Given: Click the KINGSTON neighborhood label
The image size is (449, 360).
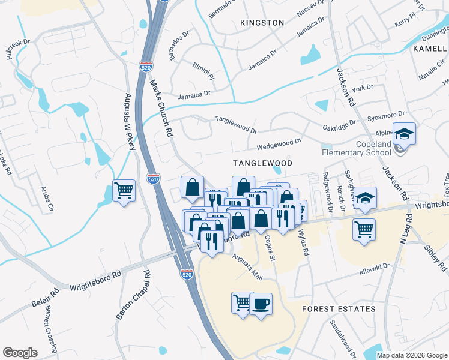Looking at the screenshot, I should (x=262, y=23).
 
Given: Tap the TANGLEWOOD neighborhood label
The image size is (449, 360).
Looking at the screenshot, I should (x=262, y=163).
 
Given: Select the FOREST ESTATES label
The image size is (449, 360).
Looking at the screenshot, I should (x=339, y=309).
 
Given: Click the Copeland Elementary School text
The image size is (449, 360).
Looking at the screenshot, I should (x=357, y=148).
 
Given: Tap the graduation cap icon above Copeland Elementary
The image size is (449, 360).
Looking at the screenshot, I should (x=404, y=134).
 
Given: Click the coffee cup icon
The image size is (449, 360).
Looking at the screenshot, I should (x=261, y=304).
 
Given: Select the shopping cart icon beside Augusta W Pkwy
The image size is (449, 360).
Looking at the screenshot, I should (x=124, y=191).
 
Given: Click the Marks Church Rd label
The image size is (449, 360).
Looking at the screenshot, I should (x=161, y=107).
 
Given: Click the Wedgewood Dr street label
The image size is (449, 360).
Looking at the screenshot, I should (x=279, y=144).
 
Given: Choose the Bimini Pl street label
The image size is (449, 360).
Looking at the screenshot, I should (x=203, y=72).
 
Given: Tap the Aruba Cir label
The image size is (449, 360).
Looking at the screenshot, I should (x=46, y=200).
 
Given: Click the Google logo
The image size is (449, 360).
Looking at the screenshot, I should (x=20, y=352).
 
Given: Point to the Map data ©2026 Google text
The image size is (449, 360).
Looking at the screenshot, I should (x=412, y=355).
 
